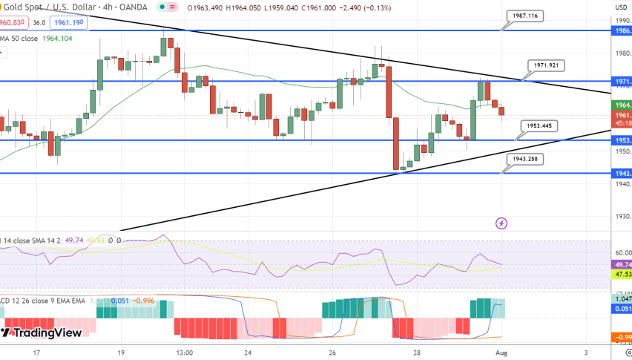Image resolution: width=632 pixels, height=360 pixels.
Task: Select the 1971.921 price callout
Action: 546,65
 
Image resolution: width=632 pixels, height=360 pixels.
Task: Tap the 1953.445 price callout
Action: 540,125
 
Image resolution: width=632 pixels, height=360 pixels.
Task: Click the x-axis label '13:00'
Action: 185,353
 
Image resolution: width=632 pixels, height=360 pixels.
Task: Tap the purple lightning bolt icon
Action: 501,222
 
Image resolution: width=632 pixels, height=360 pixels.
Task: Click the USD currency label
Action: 621,7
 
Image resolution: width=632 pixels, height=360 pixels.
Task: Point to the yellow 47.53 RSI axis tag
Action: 621,275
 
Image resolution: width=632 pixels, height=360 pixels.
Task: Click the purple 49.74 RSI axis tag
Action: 621,264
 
